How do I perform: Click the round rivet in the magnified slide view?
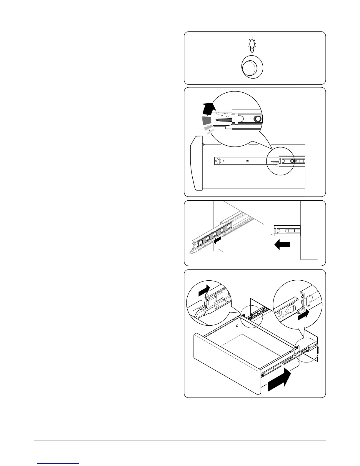click(x=258, y=119)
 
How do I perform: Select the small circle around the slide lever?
click(x=280, y=161)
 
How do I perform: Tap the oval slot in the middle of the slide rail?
click(x=247, y=161)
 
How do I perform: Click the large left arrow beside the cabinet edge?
click(x=282, y=245)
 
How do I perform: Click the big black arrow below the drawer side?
click(x=280, y=381)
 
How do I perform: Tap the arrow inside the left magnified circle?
click(x=204, y=290)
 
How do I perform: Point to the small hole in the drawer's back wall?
click(x=237, y=326)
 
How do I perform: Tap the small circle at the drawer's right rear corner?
click(x=306, y=350)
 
